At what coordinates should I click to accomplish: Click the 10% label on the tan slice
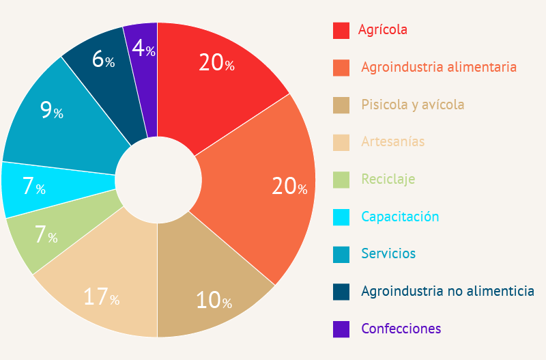pyautogui.click(x=214, y=300)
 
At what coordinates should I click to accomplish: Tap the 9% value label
pyautogui.click(x=51, y=111)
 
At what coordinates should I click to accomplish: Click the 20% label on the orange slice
pyautogui.click(x=289, y=186)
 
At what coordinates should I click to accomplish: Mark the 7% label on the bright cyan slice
pyautogui.click(x=33, y=186)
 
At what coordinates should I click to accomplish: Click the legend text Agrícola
pyautogui.click(x=383, y=30)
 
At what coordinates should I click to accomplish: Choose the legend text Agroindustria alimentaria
pyautogui.click(x=438, y=67)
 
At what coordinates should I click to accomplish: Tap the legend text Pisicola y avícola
pyautogui.click(x=412, y=105)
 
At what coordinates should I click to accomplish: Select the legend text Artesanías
pyautogui.click(x=392, y=142)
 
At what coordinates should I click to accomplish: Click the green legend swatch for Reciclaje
pyautogui.click(x=341, y=180)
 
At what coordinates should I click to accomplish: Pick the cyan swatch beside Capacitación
pyautogui.click(x=341, y=217)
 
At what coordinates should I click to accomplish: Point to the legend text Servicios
pyautogui.click(x=388, y=253)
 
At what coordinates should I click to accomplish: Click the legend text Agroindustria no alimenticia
pyautogui.click(x=447, y=291)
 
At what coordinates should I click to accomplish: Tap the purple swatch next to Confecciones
pyautogui.click(x=341, y=329)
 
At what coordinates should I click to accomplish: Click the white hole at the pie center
pyautogui.click(x=158, y=180)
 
